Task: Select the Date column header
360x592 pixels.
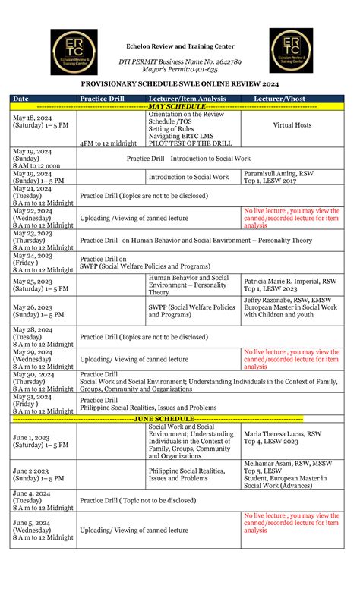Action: point(21,99)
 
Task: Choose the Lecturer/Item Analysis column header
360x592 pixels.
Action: point(191,99)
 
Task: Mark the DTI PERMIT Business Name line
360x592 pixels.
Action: point(180,61)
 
